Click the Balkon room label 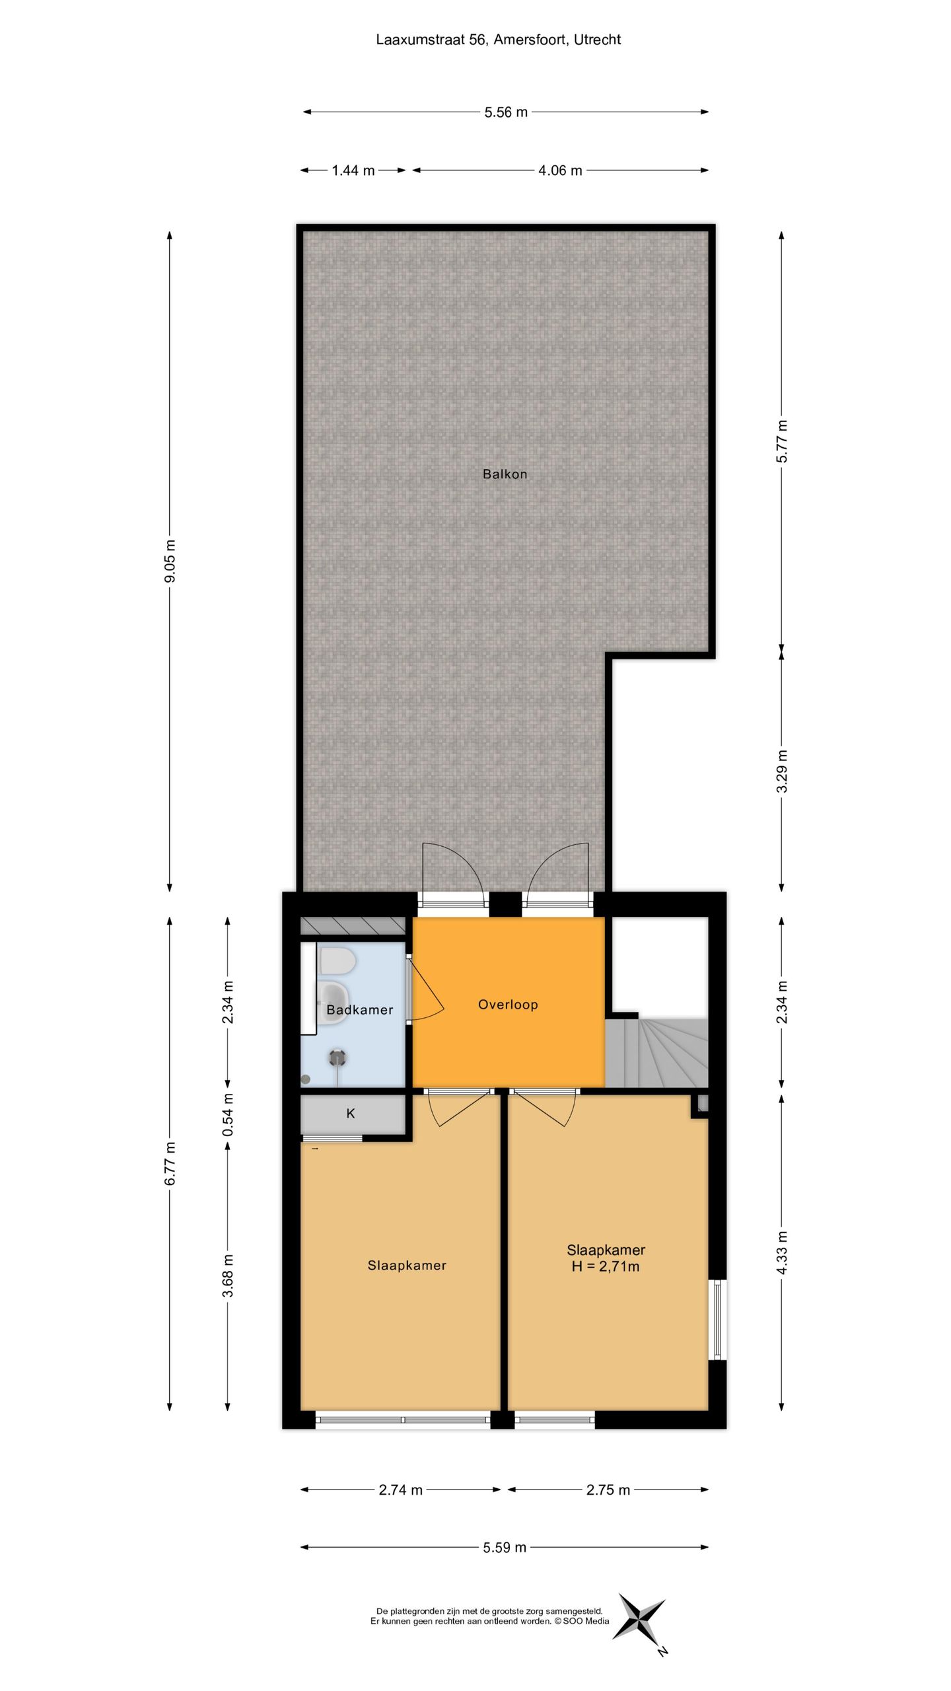click(x=505, y=474)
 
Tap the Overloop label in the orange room click(x=508, y=1004)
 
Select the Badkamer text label click(x=359, y=1009)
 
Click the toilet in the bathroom click(x=335, y=961)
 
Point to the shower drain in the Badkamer click(x=337, y=1057)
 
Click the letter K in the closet click(x=351, y=1113)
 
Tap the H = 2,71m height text click(x=606, y=1266)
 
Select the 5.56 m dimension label click(x=506, y=112)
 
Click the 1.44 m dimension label click(x=353, y=170)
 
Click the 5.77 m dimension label click(x=782, y=441)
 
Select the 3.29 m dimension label click(x=782, y=771)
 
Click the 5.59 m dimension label click(x=505, y=1547)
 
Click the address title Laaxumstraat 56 click(x=498, y=40)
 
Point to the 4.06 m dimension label click(x=560, y=170)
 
